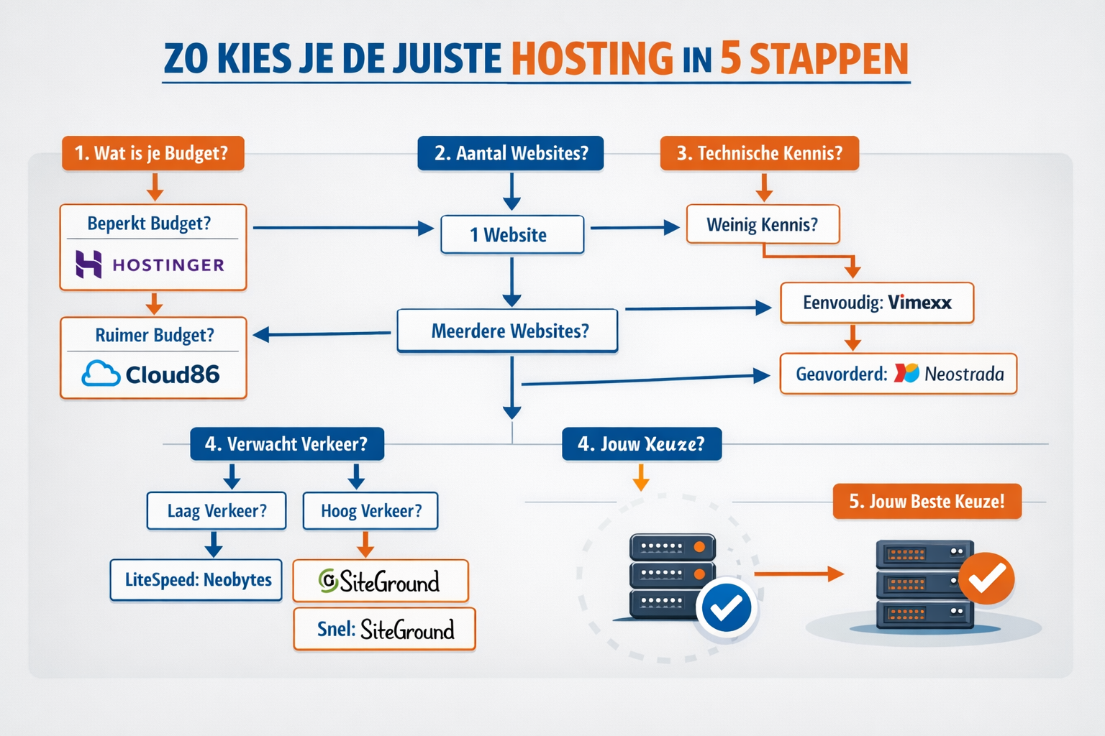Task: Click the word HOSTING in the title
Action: click(x=592, y=59)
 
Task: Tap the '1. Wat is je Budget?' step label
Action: click(x=153, y=153)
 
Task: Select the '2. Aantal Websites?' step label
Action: click(x=511, y=153)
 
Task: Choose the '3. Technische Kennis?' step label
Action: click(x=759, y=153)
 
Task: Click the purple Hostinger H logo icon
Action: click(x=89, y=264)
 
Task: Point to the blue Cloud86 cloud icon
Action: click(x=101, y=374)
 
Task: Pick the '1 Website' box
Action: click(x=511, y=235)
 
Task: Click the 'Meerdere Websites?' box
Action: click(x=508, y=331)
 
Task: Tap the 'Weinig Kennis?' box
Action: click(x=763, y=224)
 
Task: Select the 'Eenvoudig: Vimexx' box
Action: click(x=877, y=303)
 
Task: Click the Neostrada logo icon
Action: click(x=906, y=373)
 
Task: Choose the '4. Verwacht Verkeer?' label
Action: click(x=286, y=444)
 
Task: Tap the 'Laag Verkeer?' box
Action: click(x=217, y=511)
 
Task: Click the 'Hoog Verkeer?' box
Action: click(x=370, y=511)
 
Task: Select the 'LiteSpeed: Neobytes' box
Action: click(x=196, y=579)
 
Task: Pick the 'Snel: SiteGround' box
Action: click(x=385, y=630)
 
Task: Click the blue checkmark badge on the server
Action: click(x=726, y=608)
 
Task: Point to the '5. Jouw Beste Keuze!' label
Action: click(x=927, y=501)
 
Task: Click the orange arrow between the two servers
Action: click(x=799, y=574)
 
